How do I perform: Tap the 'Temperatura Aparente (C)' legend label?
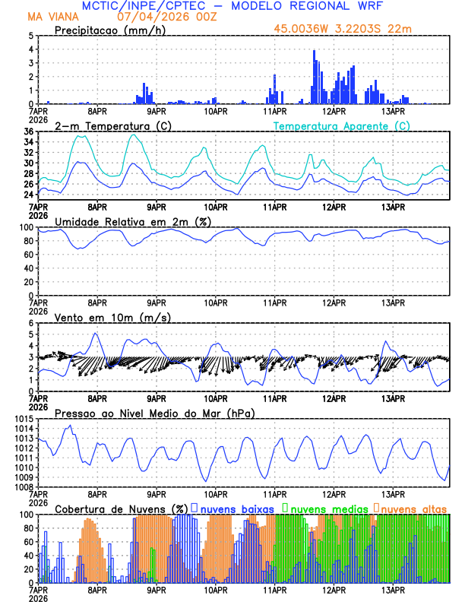point(342,125)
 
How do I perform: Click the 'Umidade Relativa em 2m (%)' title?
point(133,221)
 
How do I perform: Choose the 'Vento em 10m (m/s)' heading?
point(102,317)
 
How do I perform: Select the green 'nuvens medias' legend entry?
point(327,508)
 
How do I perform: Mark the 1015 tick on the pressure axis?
point(22,420)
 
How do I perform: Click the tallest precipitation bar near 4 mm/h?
point(314,76)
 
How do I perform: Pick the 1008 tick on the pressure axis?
point(22,487)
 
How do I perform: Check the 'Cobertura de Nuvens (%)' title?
point(122,509)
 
